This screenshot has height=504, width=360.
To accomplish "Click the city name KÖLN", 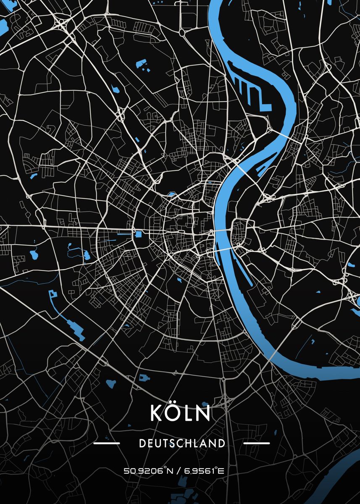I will (180, 413).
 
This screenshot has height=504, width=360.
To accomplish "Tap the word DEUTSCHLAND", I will (181, 443).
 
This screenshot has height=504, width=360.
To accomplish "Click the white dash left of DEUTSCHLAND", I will (107, 443).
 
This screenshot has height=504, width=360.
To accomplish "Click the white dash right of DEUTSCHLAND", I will (256, 443).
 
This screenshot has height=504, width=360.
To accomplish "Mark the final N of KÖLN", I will (203, 413).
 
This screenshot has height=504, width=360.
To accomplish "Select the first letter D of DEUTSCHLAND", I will (142, 443).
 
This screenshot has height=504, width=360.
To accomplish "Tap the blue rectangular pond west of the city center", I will (138, 234).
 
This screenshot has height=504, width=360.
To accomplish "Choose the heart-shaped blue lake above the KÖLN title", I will (111, 383).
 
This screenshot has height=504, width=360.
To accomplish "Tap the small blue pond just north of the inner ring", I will (171, 194).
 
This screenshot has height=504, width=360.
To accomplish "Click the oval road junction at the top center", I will (182, 31).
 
